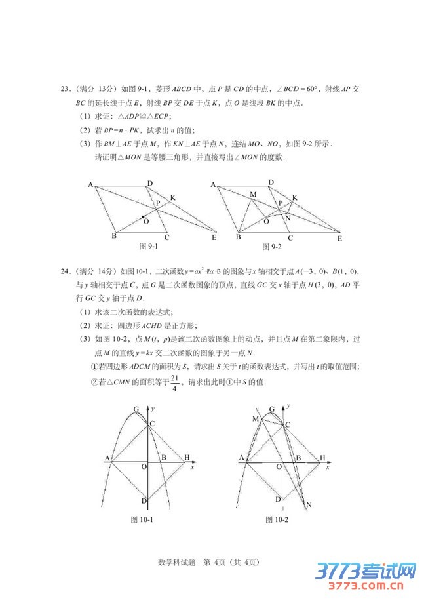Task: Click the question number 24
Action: click(65, 271)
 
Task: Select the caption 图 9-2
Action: click(271, 247)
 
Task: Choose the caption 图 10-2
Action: click(277, 520)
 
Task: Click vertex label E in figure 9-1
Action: click(214, 237)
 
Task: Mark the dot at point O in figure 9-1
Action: click(143, 216)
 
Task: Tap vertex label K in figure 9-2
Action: click(295, 197)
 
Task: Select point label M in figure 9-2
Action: click(253, 195)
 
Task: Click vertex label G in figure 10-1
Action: click(136, 410)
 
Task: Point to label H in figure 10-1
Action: click(187, 457)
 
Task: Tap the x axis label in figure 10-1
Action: click(192, 468)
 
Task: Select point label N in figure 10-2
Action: click(308, 504)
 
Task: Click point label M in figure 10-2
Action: click(254, 418)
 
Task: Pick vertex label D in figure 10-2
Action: click(278, 499)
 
